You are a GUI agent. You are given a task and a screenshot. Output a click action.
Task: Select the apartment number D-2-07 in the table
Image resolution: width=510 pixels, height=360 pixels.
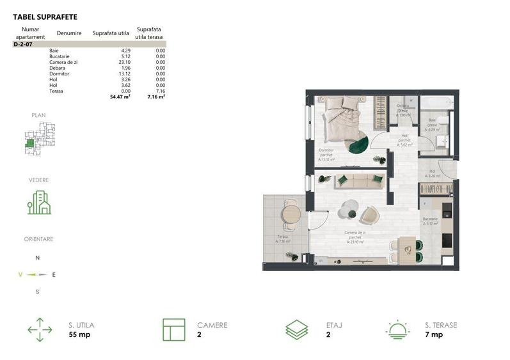coord(24,45)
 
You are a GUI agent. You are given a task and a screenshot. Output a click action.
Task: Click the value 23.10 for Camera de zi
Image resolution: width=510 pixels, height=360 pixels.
coord(123,62)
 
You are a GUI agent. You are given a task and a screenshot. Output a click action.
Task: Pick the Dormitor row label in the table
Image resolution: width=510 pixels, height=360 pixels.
coord(59,74)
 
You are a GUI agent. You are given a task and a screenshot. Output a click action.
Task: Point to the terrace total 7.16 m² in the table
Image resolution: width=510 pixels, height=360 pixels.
coord(157,97)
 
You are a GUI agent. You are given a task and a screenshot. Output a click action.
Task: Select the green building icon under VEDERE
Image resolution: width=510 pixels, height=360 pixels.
coord(38,203)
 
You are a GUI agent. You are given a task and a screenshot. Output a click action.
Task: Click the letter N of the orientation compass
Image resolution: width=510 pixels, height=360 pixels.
coord(38,258)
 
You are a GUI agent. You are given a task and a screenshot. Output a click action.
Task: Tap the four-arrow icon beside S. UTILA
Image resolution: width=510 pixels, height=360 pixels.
coord(40,329)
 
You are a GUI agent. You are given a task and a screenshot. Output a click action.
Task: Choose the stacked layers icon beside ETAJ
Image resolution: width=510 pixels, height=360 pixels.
coord(297,329)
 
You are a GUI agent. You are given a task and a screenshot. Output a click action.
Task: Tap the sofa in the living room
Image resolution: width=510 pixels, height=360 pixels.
coord(359,180)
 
